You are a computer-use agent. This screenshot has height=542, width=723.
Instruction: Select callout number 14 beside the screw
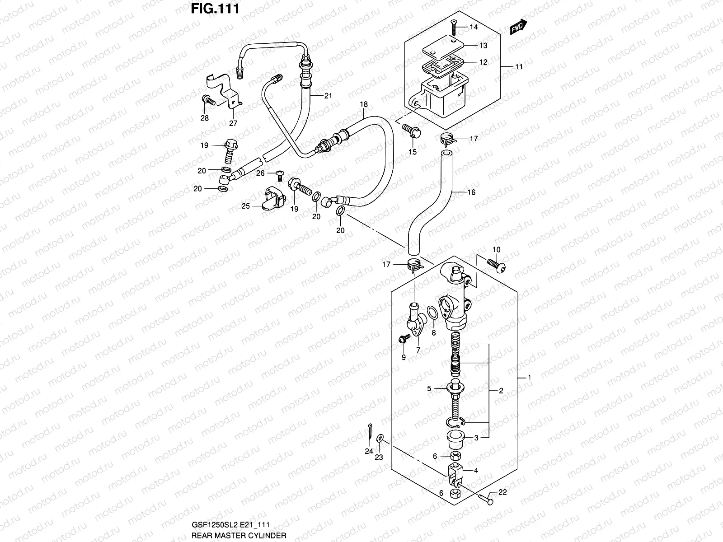pyautogui.click(x=473, y=27)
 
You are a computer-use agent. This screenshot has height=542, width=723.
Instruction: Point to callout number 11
pyautogui.click(x=519, y=66)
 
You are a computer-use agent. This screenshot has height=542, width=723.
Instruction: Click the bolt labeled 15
pyautogui.click(x=412, y=131)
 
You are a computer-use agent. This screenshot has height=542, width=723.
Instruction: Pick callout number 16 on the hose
pyautogui.click(x=471, y=192)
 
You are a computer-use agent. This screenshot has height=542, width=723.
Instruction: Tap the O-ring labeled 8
pyautogui.click(x=432, y=313)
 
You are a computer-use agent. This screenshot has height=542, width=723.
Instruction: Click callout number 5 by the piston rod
pyautogui.click(x=430, y=388)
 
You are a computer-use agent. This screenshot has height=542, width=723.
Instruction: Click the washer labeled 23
pyautogui.click(x=380, y=437)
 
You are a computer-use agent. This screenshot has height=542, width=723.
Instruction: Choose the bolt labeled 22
pyautogui.click(x=486, y=499)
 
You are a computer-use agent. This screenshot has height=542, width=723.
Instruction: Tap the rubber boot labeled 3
pyautogui.click(x=455, y=438)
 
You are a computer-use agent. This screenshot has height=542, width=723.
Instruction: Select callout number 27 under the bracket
pyautogui.click(x=233, y=122)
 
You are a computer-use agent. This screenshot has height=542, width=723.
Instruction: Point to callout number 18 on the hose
pyautogui.click(x=364, y=104)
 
